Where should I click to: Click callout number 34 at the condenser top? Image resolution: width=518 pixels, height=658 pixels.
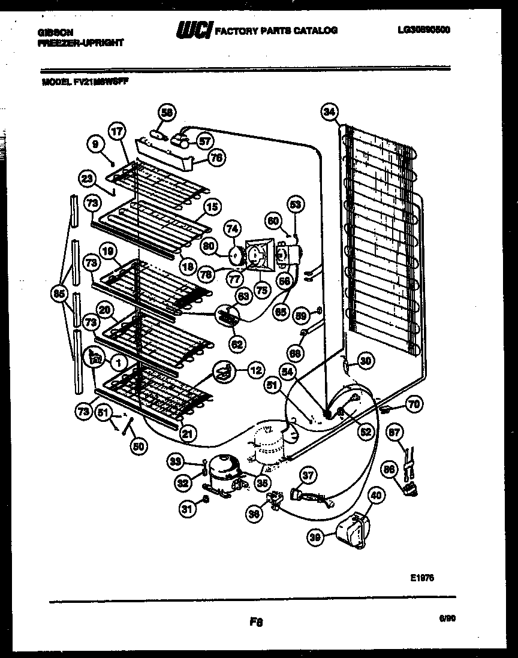click(329, 111)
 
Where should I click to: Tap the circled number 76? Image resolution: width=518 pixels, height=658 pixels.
click(216, 158)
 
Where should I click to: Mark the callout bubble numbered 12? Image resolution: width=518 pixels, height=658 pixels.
click(256, 371)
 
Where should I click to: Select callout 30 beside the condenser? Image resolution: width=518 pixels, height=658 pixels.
click(366, 360)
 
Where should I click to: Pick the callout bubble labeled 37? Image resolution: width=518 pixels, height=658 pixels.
click(308, 476)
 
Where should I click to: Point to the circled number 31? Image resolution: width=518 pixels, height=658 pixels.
click(187, 509)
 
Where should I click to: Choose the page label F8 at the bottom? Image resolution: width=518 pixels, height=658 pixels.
click(257, 622)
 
